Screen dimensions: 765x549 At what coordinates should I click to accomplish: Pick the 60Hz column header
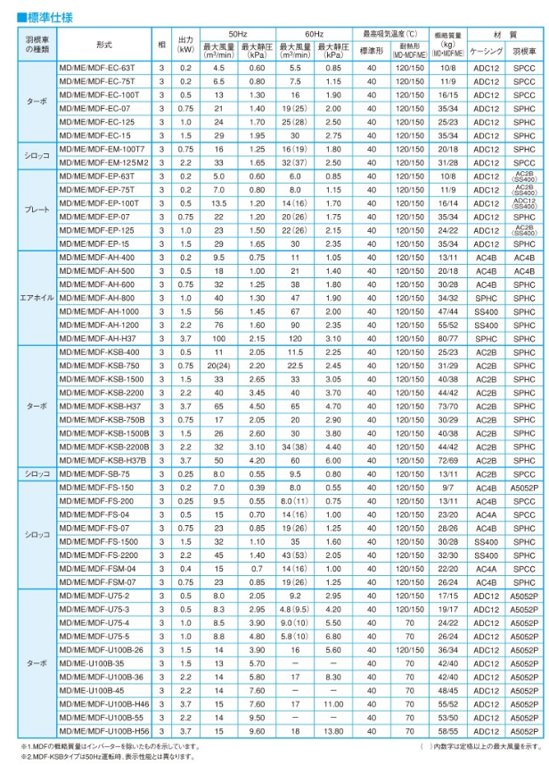(313, 32)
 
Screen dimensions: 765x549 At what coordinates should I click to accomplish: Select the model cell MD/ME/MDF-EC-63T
(98, 68)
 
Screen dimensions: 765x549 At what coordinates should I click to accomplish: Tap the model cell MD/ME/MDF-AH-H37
(97, 338)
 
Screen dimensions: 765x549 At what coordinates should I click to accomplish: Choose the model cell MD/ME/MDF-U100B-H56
(102, 730)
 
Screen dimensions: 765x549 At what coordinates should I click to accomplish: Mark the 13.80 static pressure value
(333, 730)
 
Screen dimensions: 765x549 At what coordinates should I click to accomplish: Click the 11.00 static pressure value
(333, 703)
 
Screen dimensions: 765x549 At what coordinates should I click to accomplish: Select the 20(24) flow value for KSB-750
(217, 366)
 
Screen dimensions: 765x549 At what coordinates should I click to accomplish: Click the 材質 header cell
(507, 32)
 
